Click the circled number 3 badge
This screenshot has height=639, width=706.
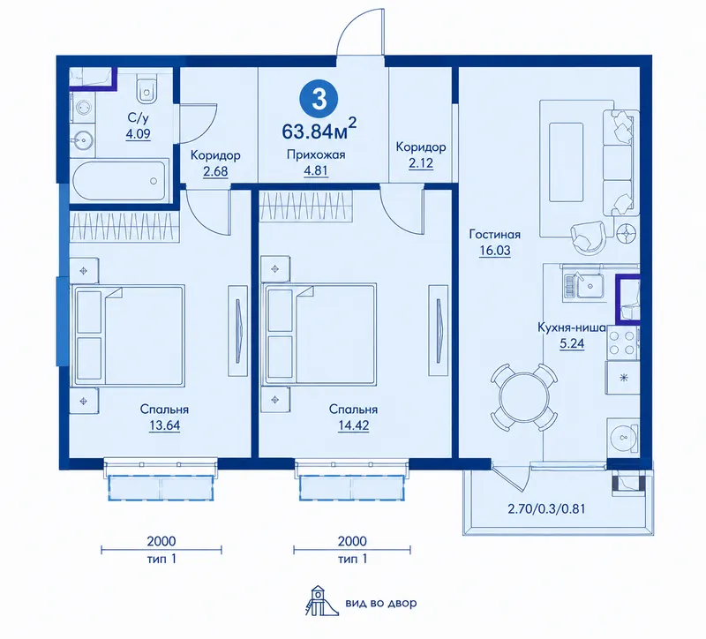319,99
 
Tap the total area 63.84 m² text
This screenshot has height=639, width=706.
319,129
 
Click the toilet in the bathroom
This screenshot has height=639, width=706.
146,89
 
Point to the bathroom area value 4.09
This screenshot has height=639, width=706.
139,134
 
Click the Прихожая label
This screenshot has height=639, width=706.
316,155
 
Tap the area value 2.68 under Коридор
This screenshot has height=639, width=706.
215,171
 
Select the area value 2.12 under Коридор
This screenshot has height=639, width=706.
421,162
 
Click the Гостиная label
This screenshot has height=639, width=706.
495,234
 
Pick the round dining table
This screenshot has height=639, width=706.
524,398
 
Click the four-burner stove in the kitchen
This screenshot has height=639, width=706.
622,342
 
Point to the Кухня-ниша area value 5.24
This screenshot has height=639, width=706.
572,344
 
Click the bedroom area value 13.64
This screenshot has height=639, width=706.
164,425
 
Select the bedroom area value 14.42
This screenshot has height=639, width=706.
354,425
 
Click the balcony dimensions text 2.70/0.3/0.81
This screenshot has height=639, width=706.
546,509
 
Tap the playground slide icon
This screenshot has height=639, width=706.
320,601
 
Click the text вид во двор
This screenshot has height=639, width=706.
381,603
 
